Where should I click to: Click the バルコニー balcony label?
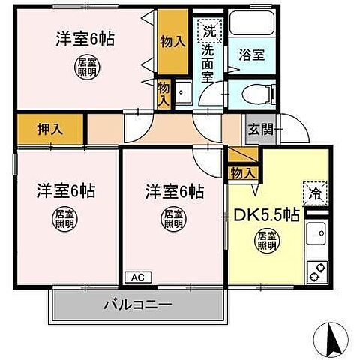tap(137, 305)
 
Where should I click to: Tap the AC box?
tap(137, 277)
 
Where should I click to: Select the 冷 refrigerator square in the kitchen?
tap(313, 193)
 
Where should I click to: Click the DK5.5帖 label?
tap(269, 215)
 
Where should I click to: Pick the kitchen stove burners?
tap(315, 268)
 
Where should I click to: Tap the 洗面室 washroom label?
tap(206, 64)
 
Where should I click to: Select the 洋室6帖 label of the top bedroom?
tap(84, 40)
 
